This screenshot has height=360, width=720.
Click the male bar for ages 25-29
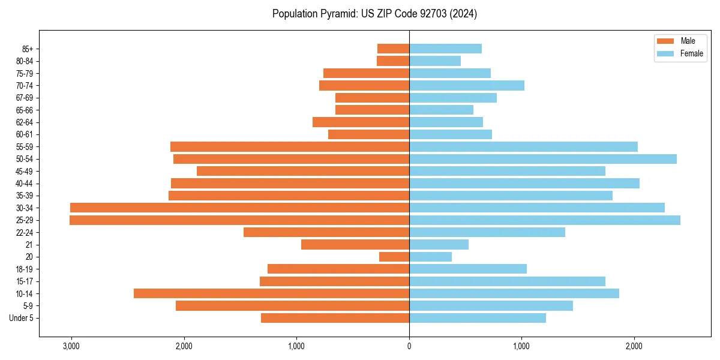pos(240,220)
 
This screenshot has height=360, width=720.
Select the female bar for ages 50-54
pos(543,159)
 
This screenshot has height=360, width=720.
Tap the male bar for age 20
pos(394,257)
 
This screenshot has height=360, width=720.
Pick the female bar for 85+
pos(445,49)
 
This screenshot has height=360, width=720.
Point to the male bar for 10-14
pos(271,293)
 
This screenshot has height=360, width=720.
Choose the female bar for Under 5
pos(478,318)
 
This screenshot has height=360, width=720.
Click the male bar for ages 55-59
pos(290,146)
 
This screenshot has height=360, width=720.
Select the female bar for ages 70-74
pos(467,85)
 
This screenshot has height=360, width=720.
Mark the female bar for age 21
pos(439,244)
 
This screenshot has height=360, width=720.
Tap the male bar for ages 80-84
pos(393,61)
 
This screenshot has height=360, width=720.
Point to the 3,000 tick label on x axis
pos(71,346)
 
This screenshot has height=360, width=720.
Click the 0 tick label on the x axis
pos(409,346)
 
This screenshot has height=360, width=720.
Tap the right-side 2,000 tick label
pos(634,346)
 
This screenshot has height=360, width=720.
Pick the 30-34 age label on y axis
pos(25,208)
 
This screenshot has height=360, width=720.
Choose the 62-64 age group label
pos(25,122)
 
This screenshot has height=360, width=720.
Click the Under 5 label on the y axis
pos(22,318)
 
